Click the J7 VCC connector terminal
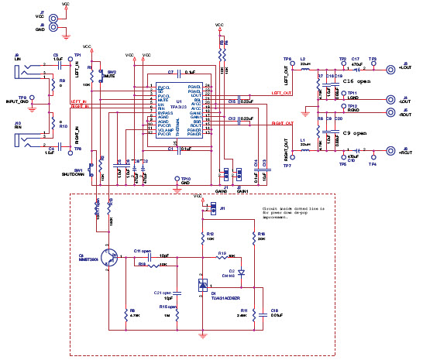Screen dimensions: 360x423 (53, 14)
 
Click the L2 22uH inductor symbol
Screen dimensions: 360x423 (304, 69)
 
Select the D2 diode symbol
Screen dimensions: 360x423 (242, 273)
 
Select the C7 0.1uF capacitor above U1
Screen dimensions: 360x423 (179, 72)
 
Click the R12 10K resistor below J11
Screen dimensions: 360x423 (203, 235)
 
